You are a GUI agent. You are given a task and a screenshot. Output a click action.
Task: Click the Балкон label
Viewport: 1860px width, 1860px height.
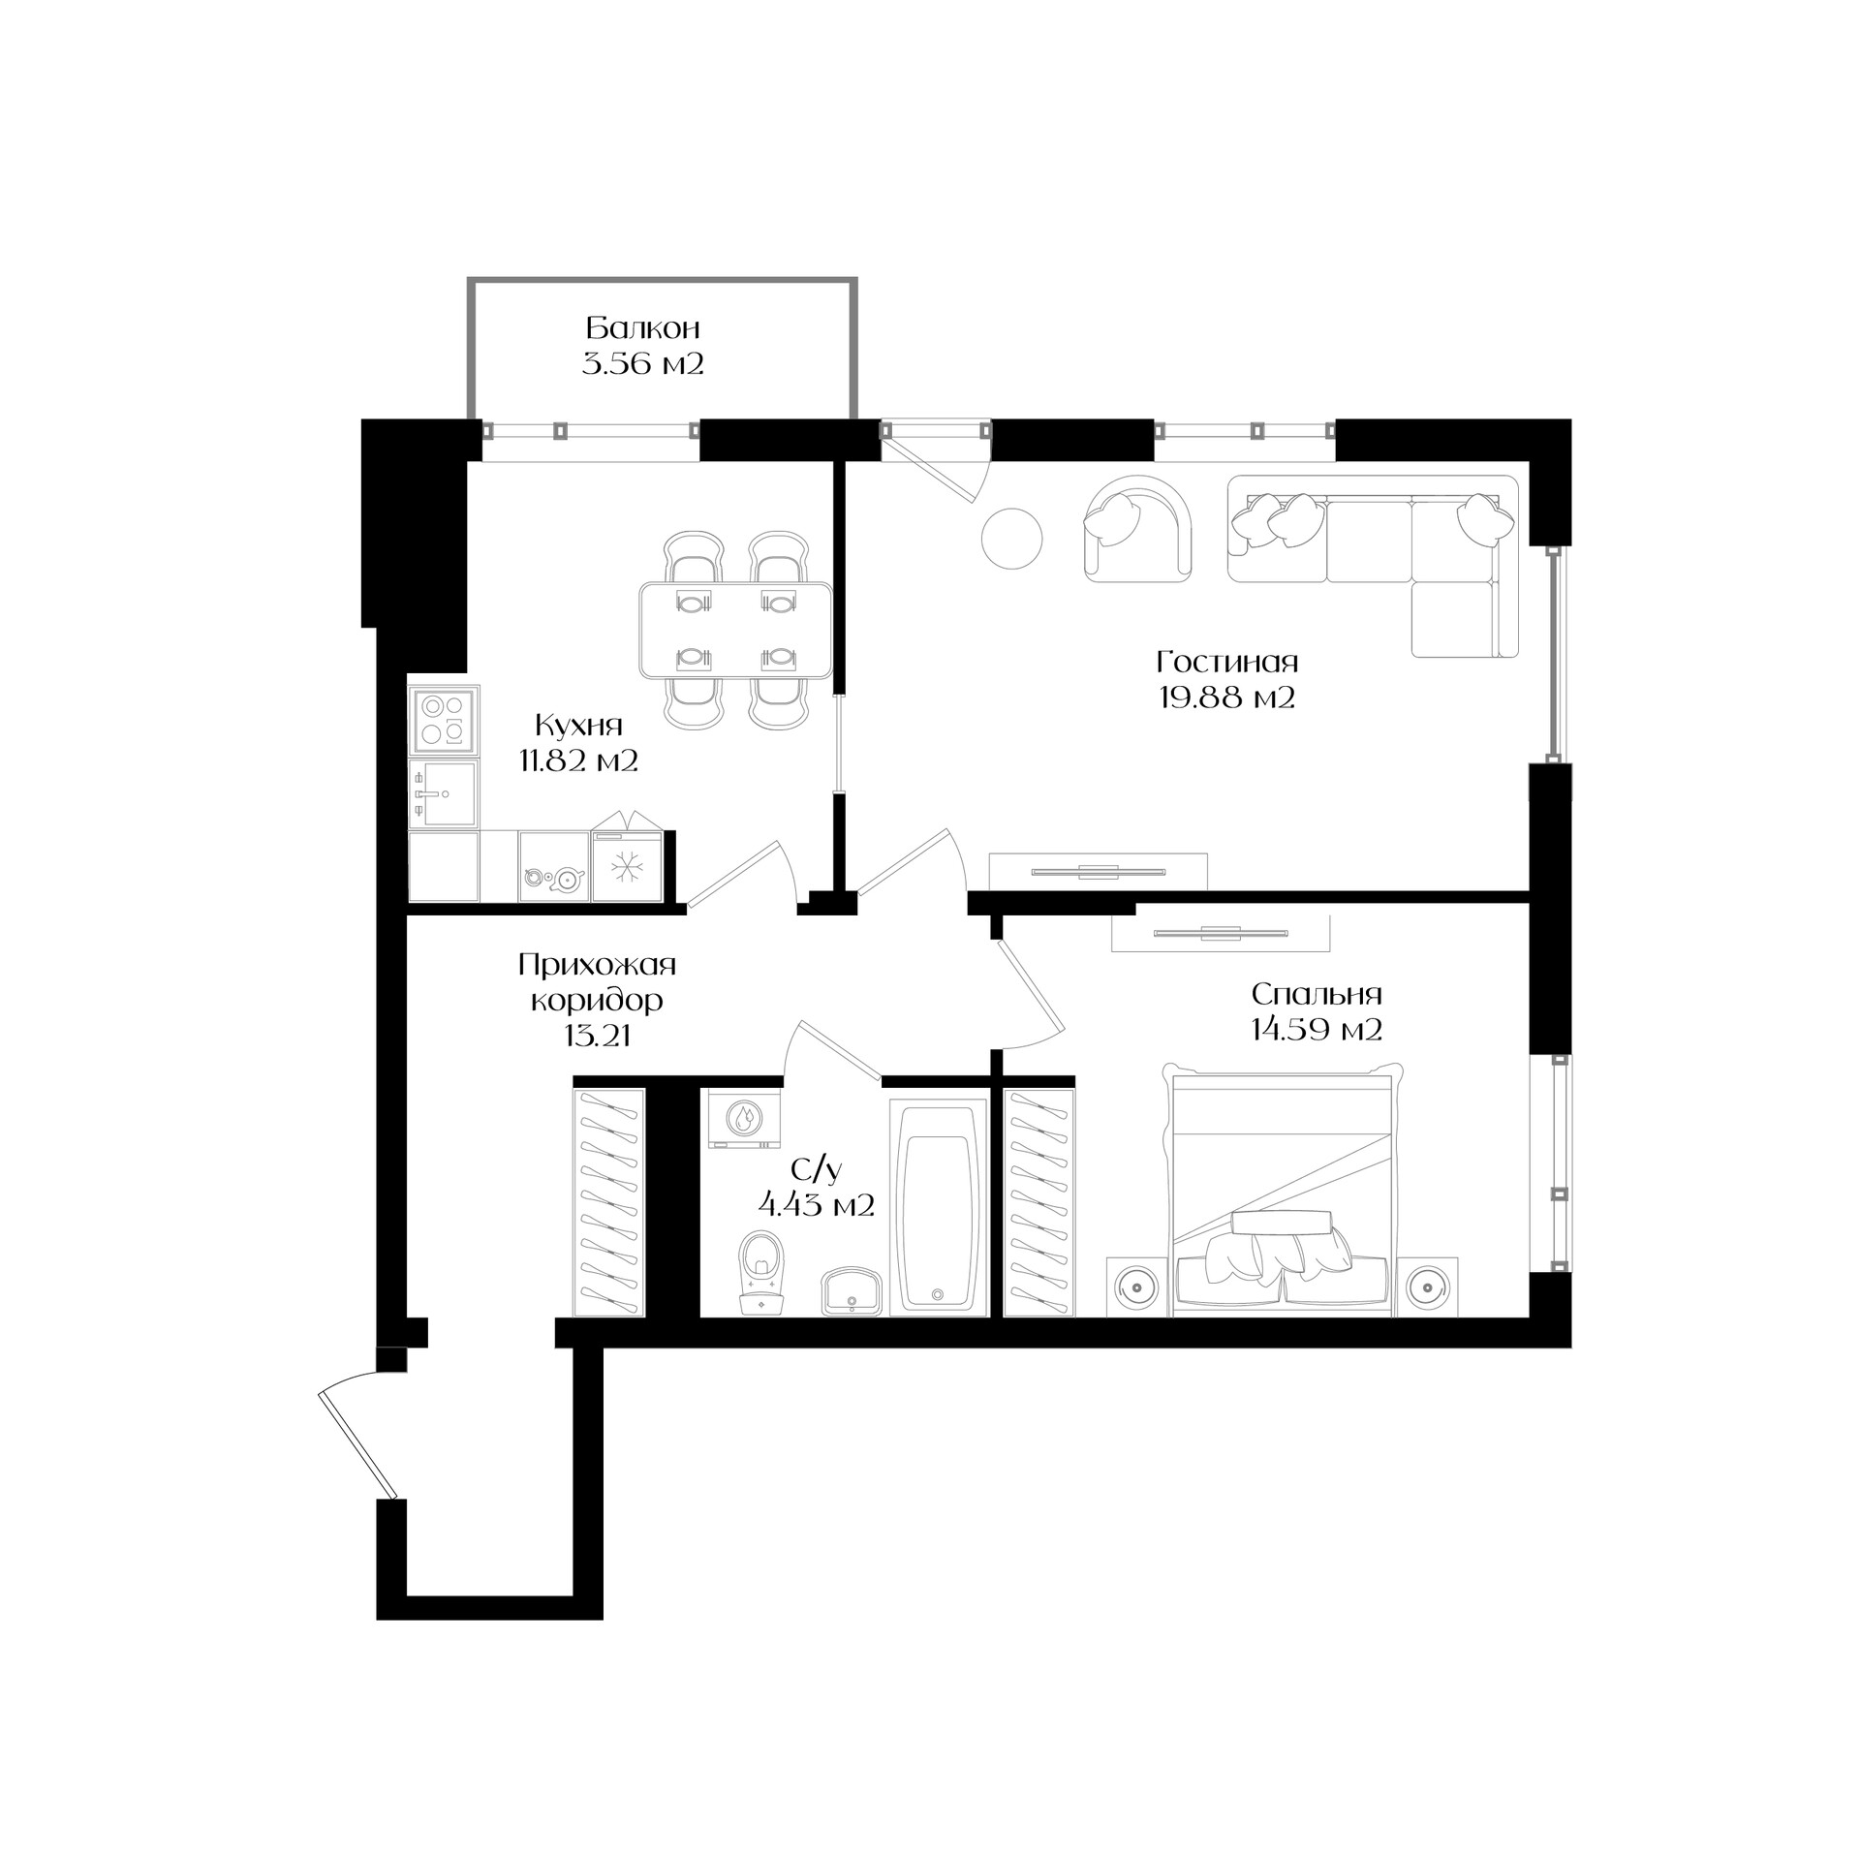643,327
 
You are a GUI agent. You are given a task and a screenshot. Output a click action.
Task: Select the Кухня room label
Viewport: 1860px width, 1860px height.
578,725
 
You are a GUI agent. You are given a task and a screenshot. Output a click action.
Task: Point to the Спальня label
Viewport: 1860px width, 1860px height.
1317,994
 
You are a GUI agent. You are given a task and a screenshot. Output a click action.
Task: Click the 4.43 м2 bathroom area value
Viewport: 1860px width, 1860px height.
817,1205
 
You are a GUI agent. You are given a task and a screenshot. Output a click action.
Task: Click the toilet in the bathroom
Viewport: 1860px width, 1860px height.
760,1272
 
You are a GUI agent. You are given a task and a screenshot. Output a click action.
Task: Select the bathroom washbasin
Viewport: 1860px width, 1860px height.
852,1292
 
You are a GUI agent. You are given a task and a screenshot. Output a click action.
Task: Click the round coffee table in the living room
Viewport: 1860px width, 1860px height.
1012,540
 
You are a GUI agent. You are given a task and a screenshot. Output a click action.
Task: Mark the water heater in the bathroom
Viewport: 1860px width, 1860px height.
744,1119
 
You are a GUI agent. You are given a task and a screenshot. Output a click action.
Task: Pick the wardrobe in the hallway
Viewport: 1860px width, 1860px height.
610,1202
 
